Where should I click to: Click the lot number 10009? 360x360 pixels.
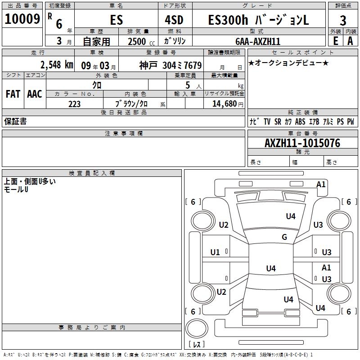pyautogui.click(x=22, y=19)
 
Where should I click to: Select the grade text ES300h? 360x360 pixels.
pyautogui.click(x=228, y=20)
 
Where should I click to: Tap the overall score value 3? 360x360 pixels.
pyautogui.click(x=343, y=21)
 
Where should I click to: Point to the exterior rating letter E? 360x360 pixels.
pyautogui.click(x=336, y=41)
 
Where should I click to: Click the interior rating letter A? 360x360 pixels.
pyautogui.click(x=350, y=41)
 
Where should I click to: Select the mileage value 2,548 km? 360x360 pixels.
pyautogui.click(x=57, y=65)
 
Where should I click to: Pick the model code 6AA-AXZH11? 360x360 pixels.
pyautogui.click(x=258, y=41)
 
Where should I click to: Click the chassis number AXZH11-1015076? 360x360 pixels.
pyautogui.click(x=302, y=143)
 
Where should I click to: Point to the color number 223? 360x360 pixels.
pyautogui.click(x=74, y=104)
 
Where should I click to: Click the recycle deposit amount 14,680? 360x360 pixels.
pyautogui.click(x=225, y=103)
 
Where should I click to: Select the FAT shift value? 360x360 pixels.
pyautogui.click(x=13, y=94)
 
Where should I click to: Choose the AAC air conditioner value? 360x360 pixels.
pyautogui.click(x=35, y=94)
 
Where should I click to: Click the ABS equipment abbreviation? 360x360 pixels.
pyautogui.click(x=300, y=121)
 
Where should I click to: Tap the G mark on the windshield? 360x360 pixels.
pyautogui.click(x=284, y=237)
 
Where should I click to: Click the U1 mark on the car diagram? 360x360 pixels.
pyautogui.click(x=215, y=252)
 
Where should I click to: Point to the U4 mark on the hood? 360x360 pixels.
pyautogui.click(x=291, y=216)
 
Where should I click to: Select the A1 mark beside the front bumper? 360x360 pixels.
pyautogui.click(x=321, y=184)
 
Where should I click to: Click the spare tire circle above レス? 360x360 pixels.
pyautogui.click(x=197, y=328)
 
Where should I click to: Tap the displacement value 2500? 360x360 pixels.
pyautogui.click(x=137, y=41)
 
